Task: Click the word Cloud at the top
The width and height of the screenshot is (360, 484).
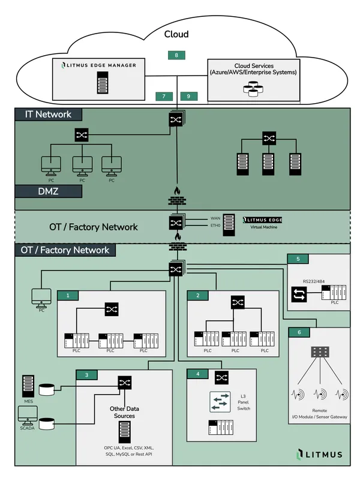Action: (x=176, y=34)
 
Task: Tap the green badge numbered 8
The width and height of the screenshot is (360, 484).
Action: (x=176, y=55)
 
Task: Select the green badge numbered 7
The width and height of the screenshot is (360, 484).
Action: (x=164, y=96)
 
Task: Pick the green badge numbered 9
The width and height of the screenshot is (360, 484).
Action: (x=189, y=96)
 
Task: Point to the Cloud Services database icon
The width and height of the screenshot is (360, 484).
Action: (x=253, y=89)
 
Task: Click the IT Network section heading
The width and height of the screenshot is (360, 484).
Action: (x=48, y=114)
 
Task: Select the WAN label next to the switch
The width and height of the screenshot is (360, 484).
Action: (x=215, y=218)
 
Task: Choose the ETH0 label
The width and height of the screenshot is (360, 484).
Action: (x=215, y=226)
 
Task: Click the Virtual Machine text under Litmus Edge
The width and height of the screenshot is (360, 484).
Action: (x=266, y=228)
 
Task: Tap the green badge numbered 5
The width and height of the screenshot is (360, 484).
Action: (x=298, y=259)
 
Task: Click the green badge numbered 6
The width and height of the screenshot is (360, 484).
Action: (x=299, y=332)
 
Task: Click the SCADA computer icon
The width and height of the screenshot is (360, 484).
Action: (x=28, y=414)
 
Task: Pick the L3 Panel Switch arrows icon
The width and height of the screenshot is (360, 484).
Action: (x=220, y=402)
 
